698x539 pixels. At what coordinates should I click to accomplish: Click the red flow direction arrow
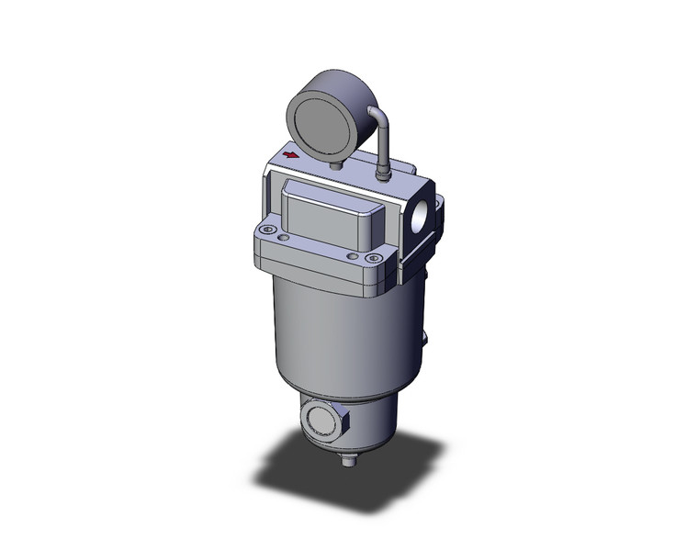click(291, 155)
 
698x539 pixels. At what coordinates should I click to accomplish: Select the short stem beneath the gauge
click(336, 164)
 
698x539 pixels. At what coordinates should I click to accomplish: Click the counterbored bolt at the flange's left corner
click(267, 230)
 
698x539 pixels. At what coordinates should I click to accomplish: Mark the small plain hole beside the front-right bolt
click(353, 255)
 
